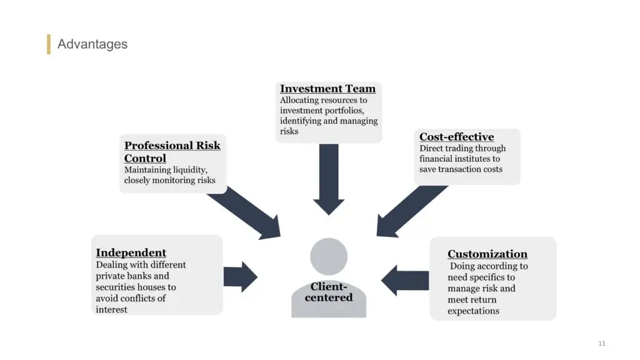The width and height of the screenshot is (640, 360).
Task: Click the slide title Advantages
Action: [x=92, y=44]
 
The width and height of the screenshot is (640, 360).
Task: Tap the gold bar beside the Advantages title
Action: [x=49, y=44]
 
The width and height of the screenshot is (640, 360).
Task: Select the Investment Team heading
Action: [x=327, y=89]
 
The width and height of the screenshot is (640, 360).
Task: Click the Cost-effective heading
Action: [x=456, y=137]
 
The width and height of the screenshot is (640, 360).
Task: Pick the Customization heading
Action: [x=487, y=254]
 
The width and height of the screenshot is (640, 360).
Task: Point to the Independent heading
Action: [x=131, y=252]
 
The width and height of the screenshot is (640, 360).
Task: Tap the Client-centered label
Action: [x=329, y=292]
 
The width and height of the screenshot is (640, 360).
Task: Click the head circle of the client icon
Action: [x=329, y=256]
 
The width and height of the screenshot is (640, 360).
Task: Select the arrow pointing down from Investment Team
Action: [x=329, y=179]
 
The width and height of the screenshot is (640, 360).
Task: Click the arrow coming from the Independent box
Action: [x=241, y=277]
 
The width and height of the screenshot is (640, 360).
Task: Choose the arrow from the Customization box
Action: [x=405, y=281]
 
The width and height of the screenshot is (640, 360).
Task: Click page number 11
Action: [x=602, y=344]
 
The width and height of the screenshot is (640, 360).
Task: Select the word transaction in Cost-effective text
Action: [x=459, y=169]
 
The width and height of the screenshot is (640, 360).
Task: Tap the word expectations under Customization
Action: [x=474, y=311]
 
